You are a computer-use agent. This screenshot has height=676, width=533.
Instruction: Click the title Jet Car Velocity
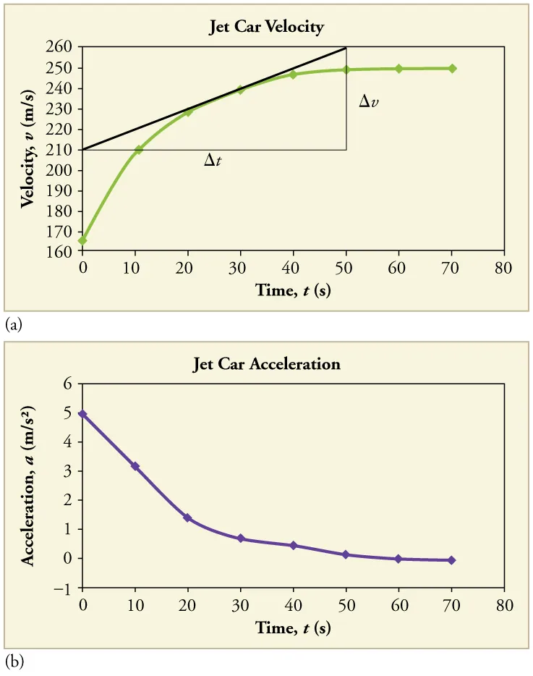coord(266,28)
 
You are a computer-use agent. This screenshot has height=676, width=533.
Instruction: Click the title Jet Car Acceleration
coord(266,364)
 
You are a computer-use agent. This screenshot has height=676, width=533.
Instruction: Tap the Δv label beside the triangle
coord(369,102)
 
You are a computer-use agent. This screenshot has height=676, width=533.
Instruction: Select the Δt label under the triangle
coord(213,161)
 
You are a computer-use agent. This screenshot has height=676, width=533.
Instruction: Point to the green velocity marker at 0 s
coord(82,240)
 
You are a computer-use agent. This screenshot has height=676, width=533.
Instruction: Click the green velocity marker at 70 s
coord(452,69)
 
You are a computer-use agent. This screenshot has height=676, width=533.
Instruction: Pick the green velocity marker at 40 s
coord(293,75)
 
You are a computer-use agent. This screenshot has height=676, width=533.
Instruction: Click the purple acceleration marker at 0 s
coord(82,414)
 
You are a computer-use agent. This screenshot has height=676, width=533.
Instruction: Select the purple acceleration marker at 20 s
coord(188,518)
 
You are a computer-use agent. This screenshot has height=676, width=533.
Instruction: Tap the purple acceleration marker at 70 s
coord(452,560)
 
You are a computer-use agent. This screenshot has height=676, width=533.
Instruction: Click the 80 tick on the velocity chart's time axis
coord(504,268)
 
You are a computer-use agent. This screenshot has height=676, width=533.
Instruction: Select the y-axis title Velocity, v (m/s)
coord(28,150)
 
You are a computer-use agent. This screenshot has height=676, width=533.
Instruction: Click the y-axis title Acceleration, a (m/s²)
coord(28,485)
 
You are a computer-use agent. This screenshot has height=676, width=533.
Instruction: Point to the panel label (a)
coord(13,326)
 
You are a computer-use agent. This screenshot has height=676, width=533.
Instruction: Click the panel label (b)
coord(13,662)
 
